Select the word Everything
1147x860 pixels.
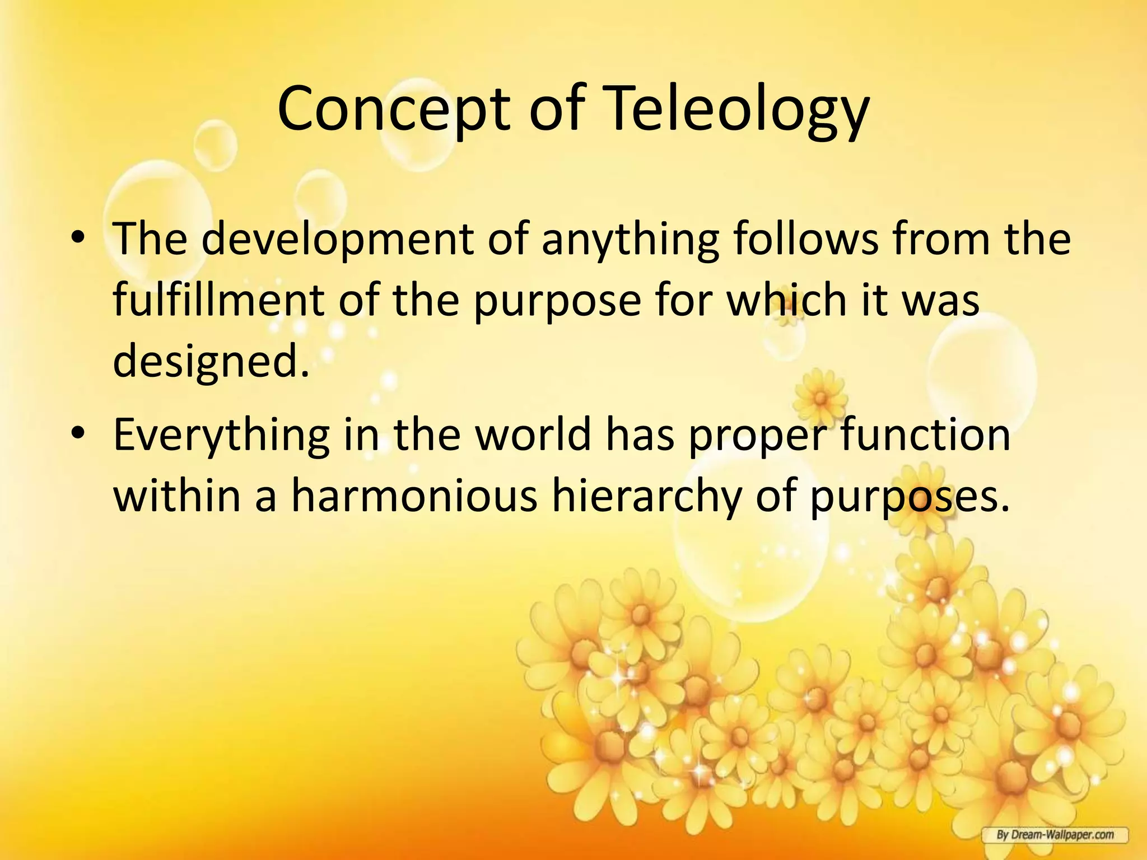(x=221, y=437)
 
